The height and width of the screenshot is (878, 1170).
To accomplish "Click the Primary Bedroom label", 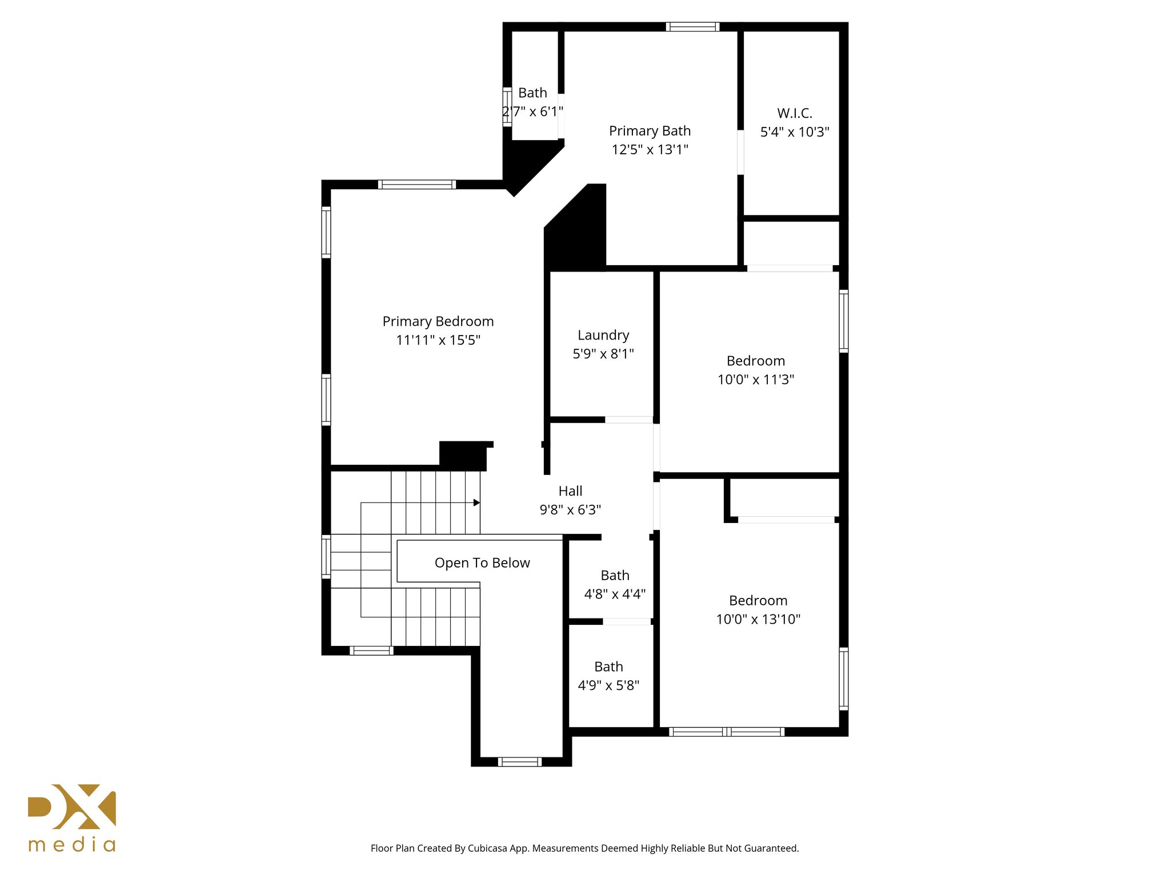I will click(438, 321).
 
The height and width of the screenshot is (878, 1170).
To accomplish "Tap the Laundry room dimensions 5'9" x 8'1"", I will click(603, 354).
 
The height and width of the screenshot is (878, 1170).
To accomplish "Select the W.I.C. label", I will click(794, 113).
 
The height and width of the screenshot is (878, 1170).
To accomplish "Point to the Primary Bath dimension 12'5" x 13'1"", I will click(650, 150).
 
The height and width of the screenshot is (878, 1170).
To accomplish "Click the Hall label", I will click(570, 491).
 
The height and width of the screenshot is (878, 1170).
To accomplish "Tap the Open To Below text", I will click(482, 563).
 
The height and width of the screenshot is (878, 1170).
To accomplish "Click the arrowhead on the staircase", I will click(476, 502).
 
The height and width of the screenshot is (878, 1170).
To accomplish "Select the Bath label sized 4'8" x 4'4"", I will click(615, 576).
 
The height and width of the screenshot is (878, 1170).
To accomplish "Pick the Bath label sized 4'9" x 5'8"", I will click(608, 667).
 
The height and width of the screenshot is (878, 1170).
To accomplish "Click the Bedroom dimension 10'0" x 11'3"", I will click(755, 380).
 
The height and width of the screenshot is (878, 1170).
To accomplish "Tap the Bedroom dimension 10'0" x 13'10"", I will click(758, 619).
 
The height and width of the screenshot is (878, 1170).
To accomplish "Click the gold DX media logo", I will click(72, 817).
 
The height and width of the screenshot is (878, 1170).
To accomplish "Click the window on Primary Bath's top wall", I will click(692, 26).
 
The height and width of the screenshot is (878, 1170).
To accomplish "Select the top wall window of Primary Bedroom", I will click(416, 184).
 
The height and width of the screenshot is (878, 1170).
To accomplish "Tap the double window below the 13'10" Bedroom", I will click(726, 732).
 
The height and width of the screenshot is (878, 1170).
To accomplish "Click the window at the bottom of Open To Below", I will click(519, 761).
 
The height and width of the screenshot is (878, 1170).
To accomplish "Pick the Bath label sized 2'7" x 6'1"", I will click(532, 93).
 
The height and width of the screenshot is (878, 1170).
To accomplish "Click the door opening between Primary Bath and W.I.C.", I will click(740, 152).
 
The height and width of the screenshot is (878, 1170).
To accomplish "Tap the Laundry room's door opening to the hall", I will click(628, 420).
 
